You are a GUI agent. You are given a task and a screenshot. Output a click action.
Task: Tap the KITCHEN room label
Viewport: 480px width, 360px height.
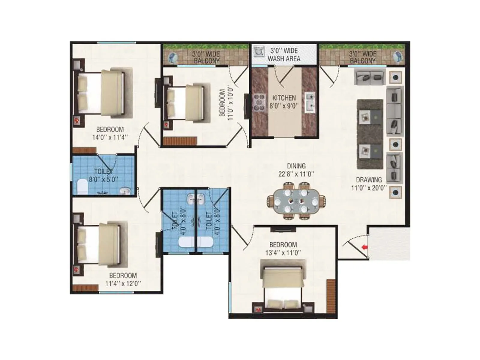pyautogui.click(x=284, y=98)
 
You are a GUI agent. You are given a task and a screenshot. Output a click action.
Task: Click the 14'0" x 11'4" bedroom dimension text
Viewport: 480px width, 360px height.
pyautogui.click(x=110, y=138)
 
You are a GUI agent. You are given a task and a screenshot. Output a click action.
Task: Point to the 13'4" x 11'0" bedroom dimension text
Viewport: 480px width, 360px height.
pyautogui.click(x=283, y=253)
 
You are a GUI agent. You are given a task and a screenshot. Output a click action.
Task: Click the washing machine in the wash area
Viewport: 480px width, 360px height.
pyautogui.click(x=257, y=51)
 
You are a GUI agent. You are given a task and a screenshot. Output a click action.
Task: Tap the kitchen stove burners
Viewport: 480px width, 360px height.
pyautogui.click(x=259, y=103)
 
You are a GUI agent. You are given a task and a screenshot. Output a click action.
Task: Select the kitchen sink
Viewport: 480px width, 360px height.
pyautogui.click(x=310, y=101)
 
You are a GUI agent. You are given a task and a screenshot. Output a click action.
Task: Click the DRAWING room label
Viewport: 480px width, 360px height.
pyautogui.click(x=369, y=180)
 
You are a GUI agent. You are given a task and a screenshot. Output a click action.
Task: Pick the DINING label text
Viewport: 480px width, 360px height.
pyautogui.click(x=296, y=166)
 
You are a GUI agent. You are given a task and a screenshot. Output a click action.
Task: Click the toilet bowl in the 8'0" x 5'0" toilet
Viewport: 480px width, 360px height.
pyautogui.click(x=82, y=187)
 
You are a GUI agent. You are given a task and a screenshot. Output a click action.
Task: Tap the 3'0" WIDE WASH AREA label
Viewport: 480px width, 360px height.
pyautogui.click(x=284, y=55)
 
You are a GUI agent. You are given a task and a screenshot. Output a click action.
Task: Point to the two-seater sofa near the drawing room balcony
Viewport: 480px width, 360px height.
pyautogui.click(x=370, y=77)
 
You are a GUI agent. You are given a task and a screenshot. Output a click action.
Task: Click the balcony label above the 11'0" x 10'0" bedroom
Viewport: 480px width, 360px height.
pyautogui.click(x=206, y=57)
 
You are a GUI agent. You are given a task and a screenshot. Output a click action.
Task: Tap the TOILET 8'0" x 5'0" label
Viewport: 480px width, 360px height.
pyautogui.click(x=103, y=175)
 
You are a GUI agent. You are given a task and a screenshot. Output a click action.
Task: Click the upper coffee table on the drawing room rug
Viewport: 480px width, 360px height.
pyautogui.click(x=370, y=117)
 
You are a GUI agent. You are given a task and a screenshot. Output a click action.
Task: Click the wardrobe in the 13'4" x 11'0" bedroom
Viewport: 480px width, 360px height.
pyautogui.click(x=331, y=295)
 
